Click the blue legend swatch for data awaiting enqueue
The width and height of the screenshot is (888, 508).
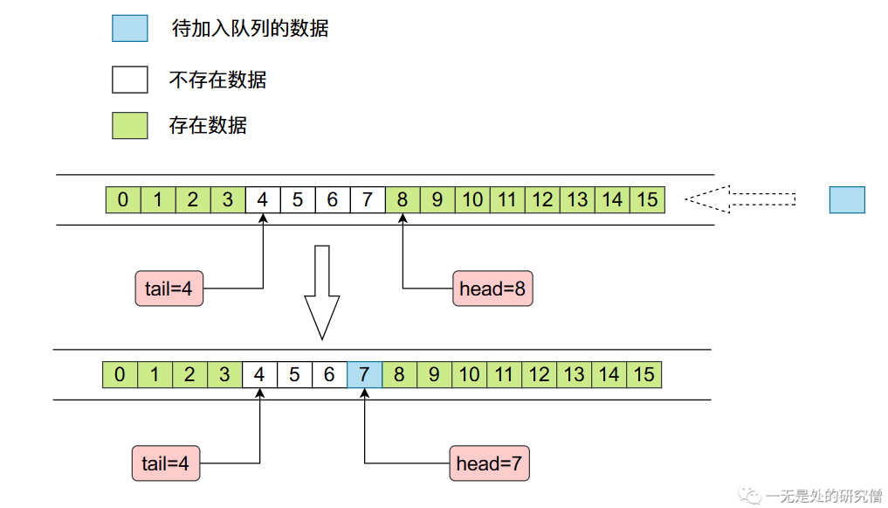coord(130,28)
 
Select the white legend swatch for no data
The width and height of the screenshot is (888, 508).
coord(130,80)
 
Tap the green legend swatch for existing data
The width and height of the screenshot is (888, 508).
coord(130,125)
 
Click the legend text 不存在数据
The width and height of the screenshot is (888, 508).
coord(217,80)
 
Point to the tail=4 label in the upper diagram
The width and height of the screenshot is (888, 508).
coord(169,289)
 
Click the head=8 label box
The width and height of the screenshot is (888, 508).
coord(492,289)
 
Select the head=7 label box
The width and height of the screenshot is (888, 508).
coord(490,463)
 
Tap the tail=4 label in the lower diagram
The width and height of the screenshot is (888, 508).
coord(166,463)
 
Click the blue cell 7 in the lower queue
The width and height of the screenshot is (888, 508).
coord(364,375)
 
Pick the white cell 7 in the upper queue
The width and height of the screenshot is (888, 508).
coord(368,200)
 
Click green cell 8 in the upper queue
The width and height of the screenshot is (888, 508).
coord(403,200)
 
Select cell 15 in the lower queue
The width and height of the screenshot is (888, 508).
coord(644,375)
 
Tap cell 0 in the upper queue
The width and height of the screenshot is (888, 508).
coord(123,200)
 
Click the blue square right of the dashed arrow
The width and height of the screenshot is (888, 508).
coord(847,200)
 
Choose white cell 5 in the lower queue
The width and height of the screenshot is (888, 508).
coord(294,375)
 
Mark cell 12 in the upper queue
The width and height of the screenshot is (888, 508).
coord(542,200)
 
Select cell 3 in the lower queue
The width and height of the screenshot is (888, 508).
coord(224,375)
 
